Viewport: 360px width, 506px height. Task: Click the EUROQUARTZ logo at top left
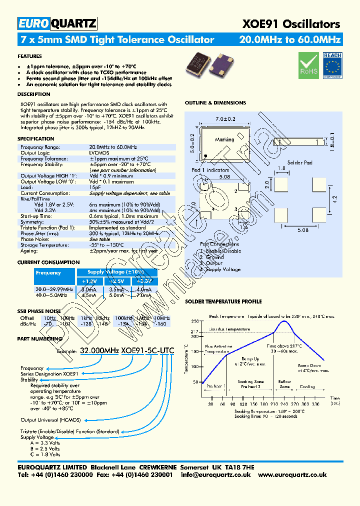point(57,23)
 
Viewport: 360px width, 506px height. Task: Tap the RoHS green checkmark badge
point(308,65)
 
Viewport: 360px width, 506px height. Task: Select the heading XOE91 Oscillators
point(291,23)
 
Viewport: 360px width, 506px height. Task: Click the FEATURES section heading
point(29,56)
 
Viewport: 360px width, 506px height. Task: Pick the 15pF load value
point(95,187)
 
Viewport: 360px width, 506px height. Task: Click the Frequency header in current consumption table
point(48,273)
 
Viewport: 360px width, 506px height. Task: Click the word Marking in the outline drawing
point(224,140)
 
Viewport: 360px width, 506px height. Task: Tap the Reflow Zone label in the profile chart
point(284,384)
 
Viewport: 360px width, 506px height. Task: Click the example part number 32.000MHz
point(99,351)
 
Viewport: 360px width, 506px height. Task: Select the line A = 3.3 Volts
point(45,442)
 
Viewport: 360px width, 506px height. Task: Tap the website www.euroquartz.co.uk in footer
point(293,475)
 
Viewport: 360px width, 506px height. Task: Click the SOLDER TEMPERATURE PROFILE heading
point(223,302)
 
